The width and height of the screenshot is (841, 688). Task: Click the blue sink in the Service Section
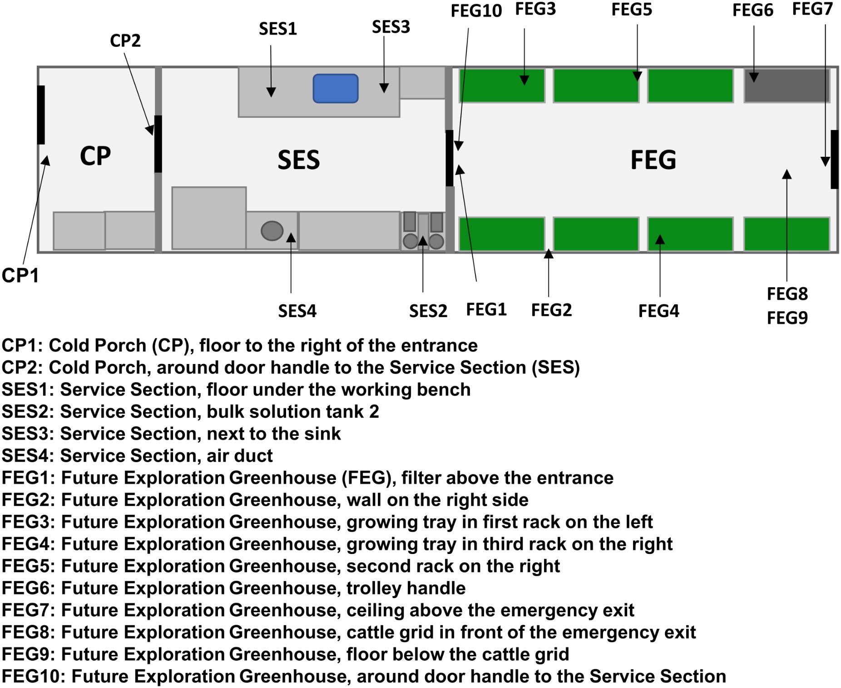[335, 88]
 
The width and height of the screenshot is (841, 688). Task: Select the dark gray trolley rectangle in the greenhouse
[786, 85]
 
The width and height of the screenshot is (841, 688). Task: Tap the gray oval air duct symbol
[272, 230]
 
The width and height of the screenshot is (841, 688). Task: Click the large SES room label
[298, 160]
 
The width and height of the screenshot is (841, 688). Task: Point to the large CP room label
[95, 156]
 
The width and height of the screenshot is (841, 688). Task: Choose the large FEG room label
[653, 160]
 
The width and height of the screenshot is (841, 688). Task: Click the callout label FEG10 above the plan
[475, 11]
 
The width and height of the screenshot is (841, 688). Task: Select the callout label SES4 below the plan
[297, 311]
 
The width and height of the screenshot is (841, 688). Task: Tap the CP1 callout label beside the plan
[20, 275]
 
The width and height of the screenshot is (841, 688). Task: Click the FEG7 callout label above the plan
[812, 9]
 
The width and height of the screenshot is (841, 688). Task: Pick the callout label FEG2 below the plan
[551, 310]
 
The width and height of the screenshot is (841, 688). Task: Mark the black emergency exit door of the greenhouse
[834, 159]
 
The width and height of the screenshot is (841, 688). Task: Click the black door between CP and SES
[158, 144]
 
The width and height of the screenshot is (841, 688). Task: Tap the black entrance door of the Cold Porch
[41, 115]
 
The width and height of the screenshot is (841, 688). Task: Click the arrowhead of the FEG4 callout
[660, 239]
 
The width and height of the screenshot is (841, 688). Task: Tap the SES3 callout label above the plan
[391, 27]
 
